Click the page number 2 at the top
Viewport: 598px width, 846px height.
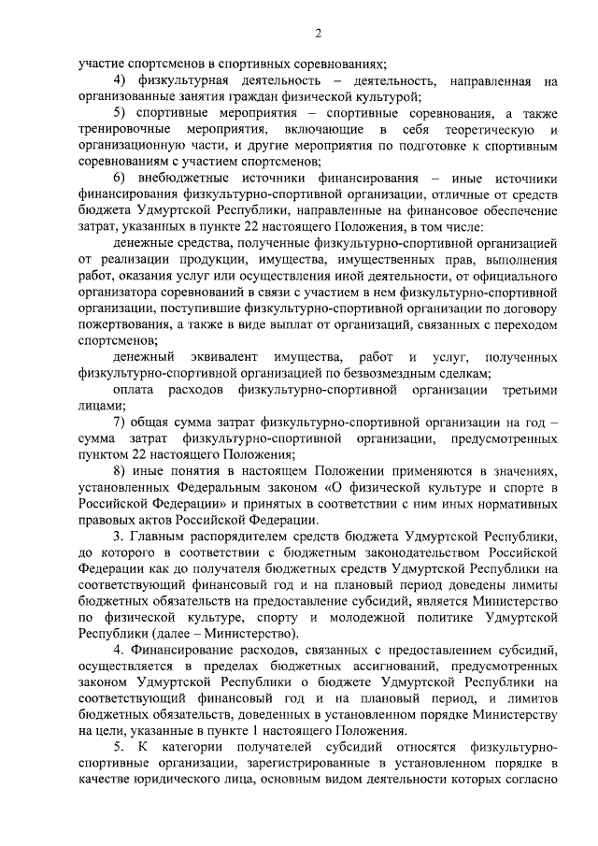(x=318, y=35)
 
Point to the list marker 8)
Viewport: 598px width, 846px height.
(x=121, y=470)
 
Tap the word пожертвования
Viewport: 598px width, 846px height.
(x=123, y=323)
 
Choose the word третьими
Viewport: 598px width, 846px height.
(x=524, y=389)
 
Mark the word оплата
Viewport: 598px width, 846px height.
(x=134, y=389)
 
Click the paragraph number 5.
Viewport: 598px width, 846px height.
(x=119, y=748)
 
